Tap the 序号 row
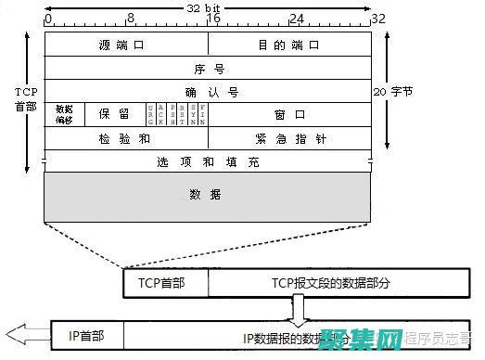click(208, 69)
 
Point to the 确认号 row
click(208, 92)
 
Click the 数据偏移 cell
click(64, 114)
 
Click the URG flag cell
click(151, 114)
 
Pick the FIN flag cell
click(203, 114)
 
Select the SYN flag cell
click(193, 114)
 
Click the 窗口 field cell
click(289, 114)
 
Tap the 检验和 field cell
click(125, 137)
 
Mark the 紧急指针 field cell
click(289, 137)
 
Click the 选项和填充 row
click(208, 161)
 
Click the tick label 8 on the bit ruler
click(131, 18)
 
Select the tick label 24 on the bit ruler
click(297, 18)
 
